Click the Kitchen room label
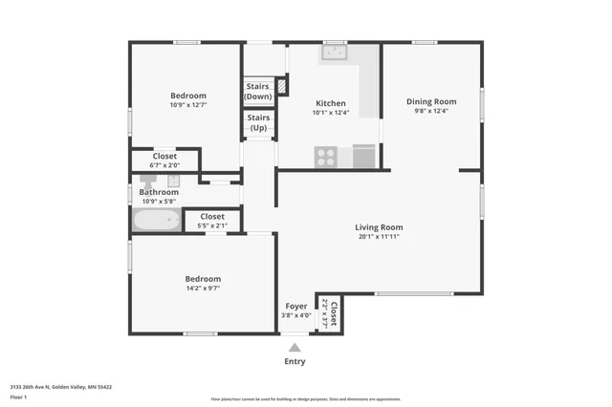(x=331, y=103)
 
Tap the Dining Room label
(x=431, y=101)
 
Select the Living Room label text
(x=379, y=227)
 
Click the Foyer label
(x=296, y=307)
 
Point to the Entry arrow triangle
(x=295, y=348)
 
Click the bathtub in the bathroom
(x=156, y=221)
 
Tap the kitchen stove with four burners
(x=326, y=156)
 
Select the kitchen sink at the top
(x=335, y=54)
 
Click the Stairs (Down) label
(x=258, y=92)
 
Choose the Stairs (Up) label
(x=258, y=122)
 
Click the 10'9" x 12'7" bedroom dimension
(x=187, y=105)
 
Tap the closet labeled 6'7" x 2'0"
(x=164, y=161)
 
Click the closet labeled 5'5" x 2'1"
(x=211, y=222)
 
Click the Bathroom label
(x=160, y=192)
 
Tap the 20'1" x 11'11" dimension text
(x=379, y=237)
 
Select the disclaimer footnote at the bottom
(x=306, y=399)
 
